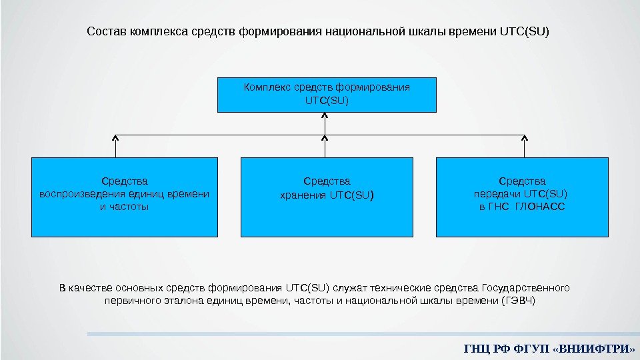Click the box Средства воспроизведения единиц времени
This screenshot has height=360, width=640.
coord(125,197)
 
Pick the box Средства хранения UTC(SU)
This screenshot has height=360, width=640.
coord(327,197)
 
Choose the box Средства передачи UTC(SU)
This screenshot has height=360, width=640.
coord(522,197)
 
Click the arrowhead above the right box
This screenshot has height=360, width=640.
coord(524,138)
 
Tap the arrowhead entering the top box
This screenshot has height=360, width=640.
coord(325,115)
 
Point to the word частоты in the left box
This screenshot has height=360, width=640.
coord(131,207)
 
